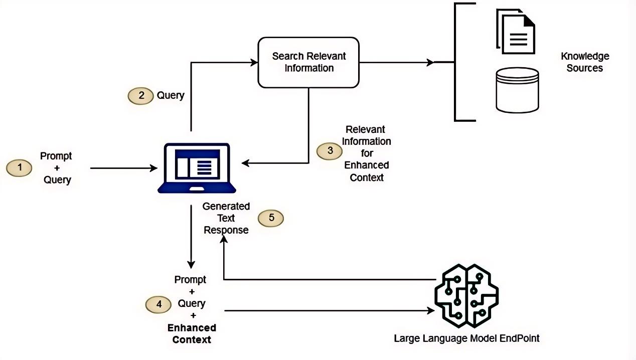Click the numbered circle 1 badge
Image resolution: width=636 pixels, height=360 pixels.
pos(20,167)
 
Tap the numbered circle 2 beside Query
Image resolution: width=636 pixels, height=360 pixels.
pos(141,95)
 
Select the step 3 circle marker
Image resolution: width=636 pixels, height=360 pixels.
pos(330,150)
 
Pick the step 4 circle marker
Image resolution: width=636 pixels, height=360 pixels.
pos(158,304)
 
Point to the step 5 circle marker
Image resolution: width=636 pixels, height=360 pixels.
pos(271,218)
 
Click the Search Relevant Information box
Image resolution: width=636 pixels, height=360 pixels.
pos(308,62)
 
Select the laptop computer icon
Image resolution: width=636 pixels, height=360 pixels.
pos(197,168)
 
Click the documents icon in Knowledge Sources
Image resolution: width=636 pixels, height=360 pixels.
pos(515,32)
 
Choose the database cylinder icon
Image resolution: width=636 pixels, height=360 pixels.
pos(517,90)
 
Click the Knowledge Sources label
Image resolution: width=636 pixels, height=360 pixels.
pos(584,62)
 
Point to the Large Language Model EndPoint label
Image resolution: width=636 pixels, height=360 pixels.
pos(466,338)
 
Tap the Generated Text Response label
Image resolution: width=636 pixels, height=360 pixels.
pos(226,218)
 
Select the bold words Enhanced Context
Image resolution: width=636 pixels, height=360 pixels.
pos(192,333)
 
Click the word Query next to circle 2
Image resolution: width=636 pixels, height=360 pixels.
pos(171,95)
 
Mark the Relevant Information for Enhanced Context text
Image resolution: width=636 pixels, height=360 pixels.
pos(367,153)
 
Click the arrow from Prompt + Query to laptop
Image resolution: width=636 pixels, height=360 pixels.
pos(123,168)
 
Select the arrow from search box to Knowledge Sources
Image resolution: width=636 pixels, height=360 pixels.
pos(396,63)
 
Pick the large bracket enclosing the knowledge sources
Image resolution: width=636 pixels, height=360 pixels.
pos(456,62)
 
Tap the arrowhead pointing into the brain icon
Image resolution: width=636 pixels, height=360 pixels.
pos(430,311)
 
